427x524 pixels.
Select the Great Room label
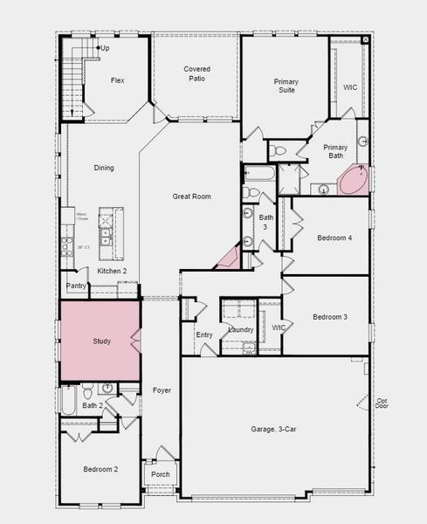pyautogui.click(x=192, y=196)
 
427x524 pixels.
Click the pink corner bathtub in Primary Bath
pyautogui.click(x=355, y=181)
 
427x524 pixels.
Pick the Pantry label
pyautogui.click(x=76, y=286)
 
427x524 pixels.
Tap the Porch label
pyautogui.click(x=161, y=474)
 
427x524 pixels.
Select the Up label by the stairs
pyautogui.click(x=105, y=48)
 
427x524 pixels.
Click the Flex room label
pyautogui.click(x=118, y=80)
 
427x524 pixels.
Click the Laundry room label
pyautogui.click(x=240, y=329)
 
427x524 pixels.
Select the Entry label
pyautogui.click(x=204, y=334)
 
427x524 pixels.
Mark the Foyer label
pyautogui.click(x=162, y=390)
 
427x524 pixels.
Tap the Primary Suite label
pyautogui.click(x=286, y=86)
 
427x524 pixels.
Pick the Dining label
pyautogui.click(x=104, y=168)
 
